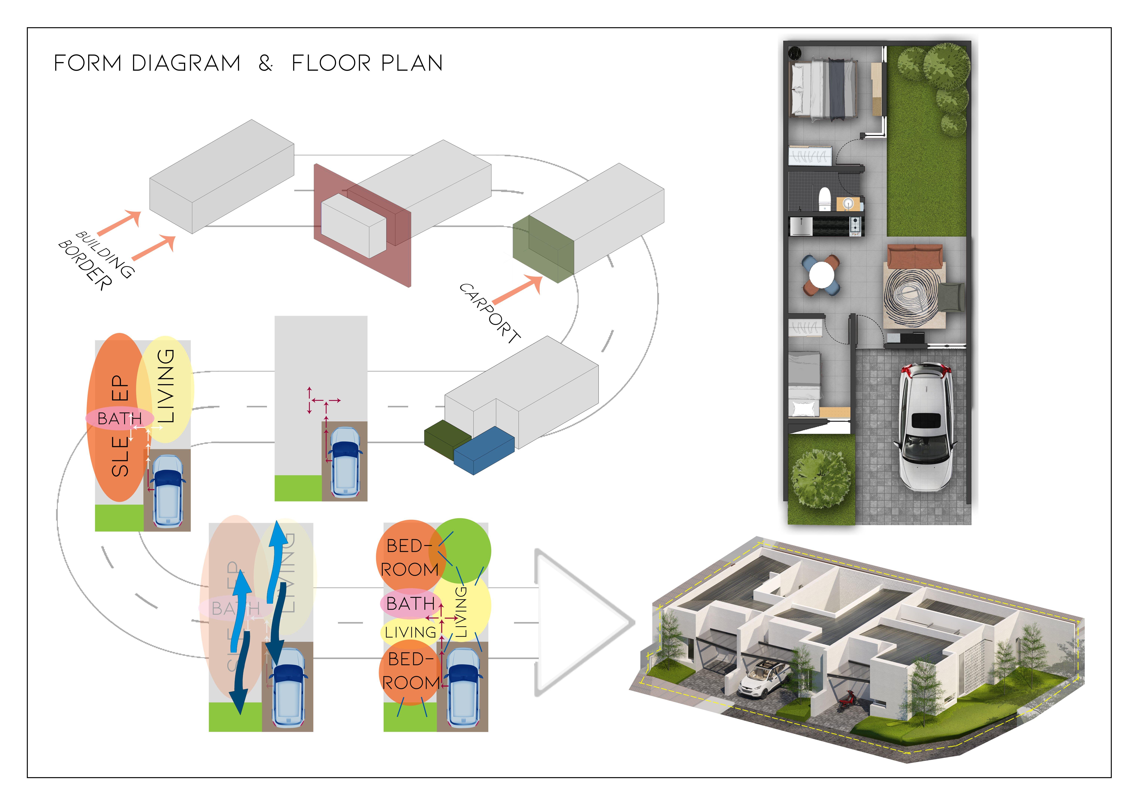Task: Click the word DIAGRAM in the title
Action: [186, 64]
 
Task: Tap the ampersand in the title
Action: [265, 64]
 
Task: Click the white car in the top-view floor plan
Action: [925, 427]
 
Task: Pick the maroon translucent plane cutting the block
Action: [362, 226]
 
